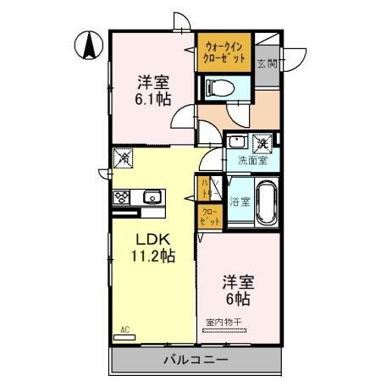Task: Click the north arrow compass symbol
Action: (x=89, y=44)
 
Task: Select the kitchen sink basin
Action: (x=152, y=197)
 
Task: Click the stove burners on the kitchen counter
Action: (x=120, y=197)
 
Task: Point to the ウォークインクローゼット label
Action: (x=224, y=52)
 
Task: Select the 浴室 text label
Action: (x=240, y=202)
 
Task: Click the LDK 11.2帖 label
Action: (x=152, y=246)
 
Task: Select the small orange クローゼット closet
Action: (x=208, y=216)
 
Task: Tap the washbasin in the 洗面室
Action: (x=238, y=141)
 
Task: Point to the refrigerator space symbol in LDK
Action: (x=124, y=157)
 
